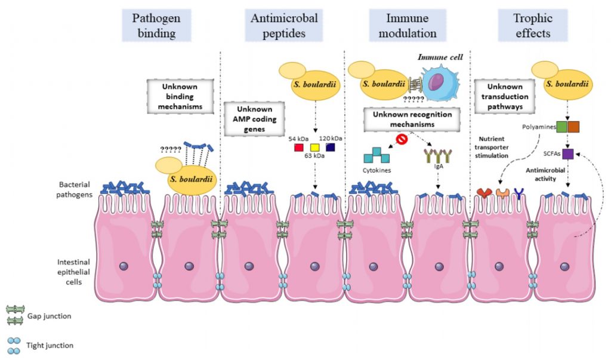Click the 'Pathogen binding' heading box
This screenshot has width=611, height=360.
156,25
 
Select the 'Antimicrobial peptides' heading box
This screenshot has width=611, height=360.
283,25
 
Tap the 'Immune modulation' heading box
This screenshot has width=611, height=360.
408,25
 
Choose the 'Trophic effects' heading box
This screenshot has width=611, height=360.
533,25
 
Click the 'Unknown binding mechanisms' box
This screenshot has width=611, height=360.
180,96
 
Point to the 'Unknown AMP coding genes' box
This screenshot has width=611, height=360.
254,119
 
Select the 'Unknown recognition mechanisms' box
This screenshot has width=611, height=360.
412,119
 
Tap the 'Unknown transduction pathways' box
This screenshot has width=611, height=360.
505,96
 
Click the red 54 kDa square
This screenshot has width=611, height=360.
299,147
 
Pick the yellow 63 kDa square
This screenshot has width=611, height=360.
315,147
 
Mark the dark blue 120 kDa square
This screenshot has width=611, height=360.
331,147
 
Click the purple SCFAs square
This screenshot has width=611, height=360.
568,154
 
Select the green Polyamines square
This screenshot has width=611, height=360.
562,127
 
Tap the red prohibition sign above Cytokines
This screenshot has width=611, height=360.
402,139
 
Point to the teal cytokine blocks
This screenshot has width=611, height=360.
377,155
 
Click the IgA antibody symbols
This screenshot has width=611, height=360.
438,156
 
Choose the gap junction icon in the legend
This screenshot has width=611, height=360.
15,315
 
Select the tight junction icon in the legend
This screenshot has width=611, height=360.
14,346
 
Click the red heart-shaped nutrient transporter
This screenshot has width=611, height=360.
485,193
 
